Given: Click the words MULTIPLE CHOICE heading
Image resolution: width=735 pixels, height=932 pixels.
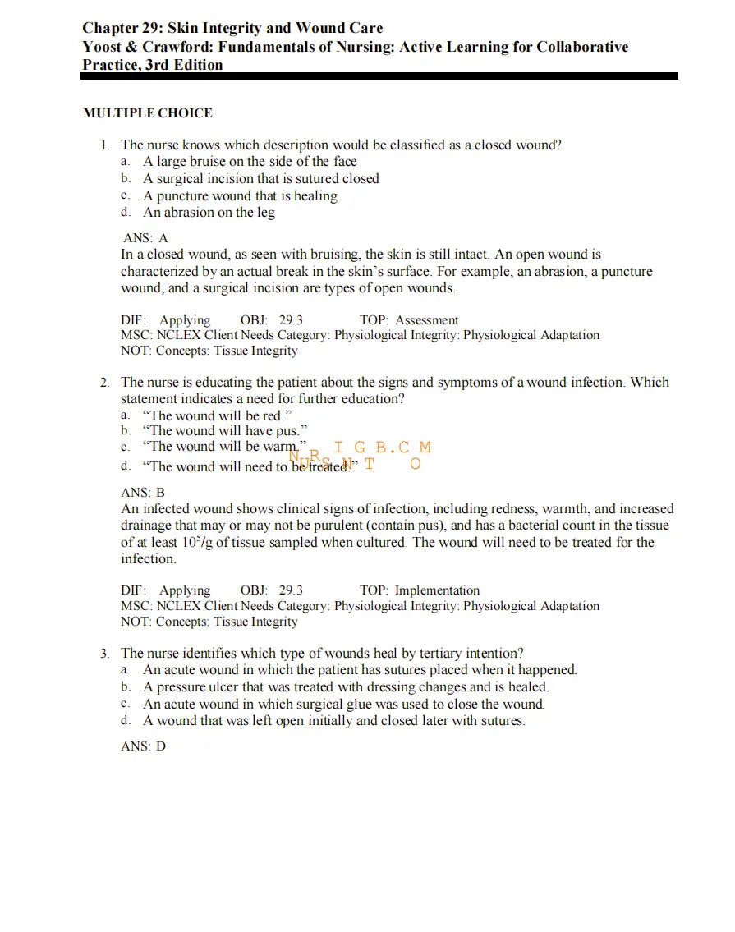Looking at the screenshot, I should (x=148, y=113).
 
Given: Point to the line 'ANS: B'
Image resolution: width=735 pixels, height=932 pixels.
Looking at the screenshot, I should (x=143, y=493).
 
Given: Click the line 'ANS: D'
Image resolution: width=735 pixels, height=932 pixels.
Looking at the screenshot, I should (x=143, y=747).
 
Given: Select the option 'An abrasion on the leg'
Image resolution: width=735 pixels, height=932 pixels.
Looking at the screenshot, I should (x=209, y=213).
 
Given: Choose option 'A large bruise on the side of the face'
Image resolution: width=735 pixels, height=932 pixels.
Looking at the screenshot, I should (x=250, y=162).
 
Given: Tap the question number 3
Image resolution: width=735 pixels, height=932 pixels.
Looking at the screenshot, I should (x=105, y=654).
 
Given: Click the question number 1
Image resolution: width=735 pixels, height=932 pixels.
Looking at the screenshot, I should (x=105, y=145).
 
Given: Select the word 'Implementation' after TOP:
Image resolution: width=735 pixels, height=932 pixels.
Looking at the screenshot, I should (x=437, y=590).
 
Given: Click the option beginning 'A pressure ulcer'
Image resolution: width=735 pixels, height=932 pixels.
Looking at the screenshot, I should (x=346, y=687).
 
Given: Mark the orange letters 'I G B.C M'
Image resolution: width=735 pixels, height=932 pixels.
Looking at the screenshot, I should (x=382, y=448).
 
